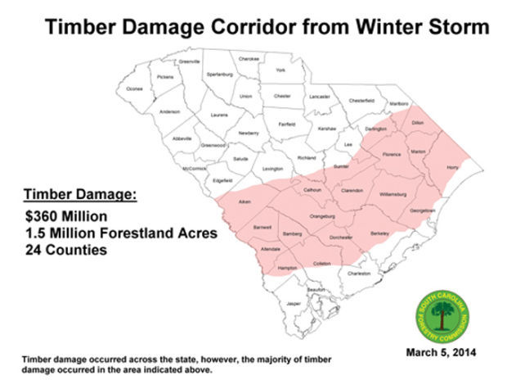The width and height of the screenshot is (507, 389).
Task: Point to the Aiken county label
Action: pyautogui.click(x=243, y=201)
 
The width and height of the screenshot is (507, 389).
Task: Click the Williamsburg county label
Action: pyautogui.click(x=398, y=194)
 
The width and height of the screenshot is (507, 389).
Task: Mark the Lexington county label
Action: pyautogui.click(x=272, y=169)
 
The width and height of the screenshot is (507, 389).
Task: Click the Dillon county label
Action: pyautogui.click(x=418, y=122)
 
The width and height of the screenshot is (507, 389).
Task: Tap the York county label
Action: pyautogui.click(x=280, y=70)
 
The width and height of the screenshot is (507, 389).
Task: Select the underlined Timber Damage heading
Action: pyautogui.click(x=79, y=195)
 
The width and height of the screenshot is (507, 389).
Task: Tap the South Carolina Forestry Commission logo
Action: pyautogui.click(x=442, y=312)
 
